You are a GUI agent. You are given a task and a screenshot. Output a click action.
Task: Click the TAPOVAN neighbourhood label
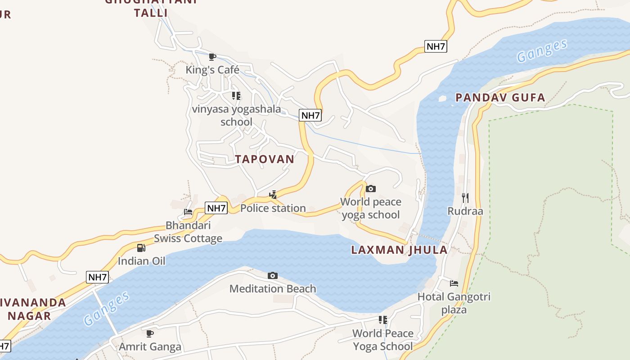[x=265, y=159]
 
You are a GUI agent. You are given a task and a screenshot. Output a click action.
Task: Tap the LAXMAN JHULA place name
[x=399, y=250]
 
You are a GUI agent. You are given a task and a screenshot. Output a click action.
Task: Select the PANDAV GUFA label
[x=500, y=98]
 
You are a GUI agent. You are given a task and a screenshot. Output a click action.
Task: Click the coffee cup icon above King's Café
[x=212, y=57]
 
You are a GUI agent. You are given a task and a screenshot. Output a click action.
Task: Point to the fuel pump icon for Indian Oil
[x=141, y=248]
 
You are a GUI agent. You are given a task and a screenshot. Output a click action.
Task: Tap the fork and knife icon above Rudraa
[x=465, y=198]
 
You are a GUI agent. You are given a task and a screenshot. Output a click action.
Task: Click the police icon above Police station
[x=273, y=195]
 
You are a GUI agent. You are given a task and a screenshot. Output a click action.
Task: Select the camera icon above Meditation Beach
[x=273, y=275]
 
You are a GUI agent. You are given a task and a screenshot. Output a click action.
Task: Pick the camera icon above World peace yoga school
[x=371, y=189]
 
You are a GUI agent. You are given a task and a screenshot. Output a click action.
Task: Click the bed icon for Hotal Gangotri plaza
[x=454, y=283]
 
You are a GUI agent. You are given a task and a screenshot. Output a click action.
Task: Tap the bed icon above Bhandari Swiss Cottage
[x=188, y=212]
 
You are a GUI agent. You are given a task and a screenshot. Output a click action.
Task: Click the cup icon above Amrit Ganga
[x=150, y=333]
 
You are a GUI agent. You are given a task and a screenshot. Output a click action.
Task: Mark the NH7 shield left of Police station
[x=216, y=208]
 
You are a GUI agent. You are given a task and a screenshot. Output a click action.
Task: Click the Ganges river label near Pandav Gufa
[x=542, y=51]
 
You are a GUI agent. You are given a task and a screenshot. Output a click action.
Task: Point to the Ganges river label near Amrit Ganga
[x=107, y=309]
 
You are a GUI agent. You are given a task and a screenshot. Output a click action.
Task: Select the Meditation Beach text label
[x=273, y=289]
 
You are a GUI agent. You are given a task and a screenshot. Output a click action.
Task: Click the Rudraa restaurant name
[x=465, y=211]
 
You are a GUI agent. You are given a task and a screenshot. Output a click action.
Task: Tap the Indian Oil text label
[x=141, y=261]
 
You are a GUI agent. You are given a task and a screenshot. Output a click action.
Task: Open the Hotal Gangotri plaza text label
[x=454, y=303]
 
